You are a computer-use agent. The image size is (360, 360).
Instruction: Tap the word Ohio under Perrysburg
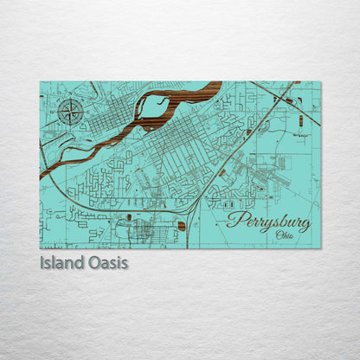click(x=284, y=235)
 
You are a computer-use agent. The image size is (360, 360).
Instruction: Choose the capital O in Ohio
click(x=277, y=235)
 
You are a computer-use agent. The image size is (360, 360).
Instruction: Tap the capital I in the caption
click(x=42, y=262)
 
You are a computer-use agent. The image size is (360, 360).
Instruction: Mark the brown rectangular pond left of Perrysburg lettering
click(x=181, y=226)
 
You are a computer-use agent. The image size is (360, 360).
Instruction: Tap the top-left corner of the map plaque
click(x=40, y=81)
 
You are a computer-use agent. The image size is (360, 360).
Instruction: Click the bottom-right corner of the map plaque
click(x=320, y=248)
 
